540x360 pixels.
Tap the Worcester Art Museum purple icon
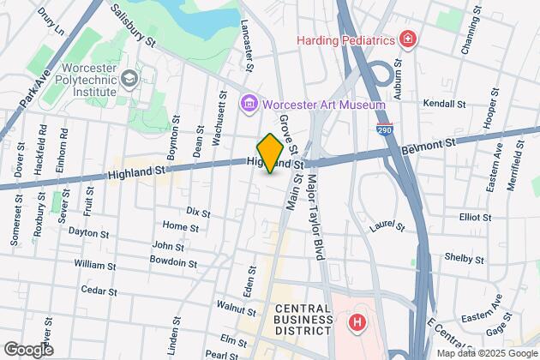249,104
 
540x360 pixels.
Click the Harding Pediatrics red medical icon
408,39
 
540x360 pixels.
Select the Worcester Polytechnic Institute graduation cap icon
129,79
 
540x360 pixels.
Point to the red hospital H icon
356,323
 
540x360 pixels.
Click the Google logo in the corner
28,349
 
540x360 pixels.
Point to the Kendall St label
444,103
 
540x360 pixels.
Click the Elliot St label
475,218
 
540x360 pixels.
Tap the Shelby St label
464,257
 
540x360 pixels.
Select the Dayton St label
90,231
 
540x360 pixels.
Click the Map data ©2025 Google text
485,353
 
